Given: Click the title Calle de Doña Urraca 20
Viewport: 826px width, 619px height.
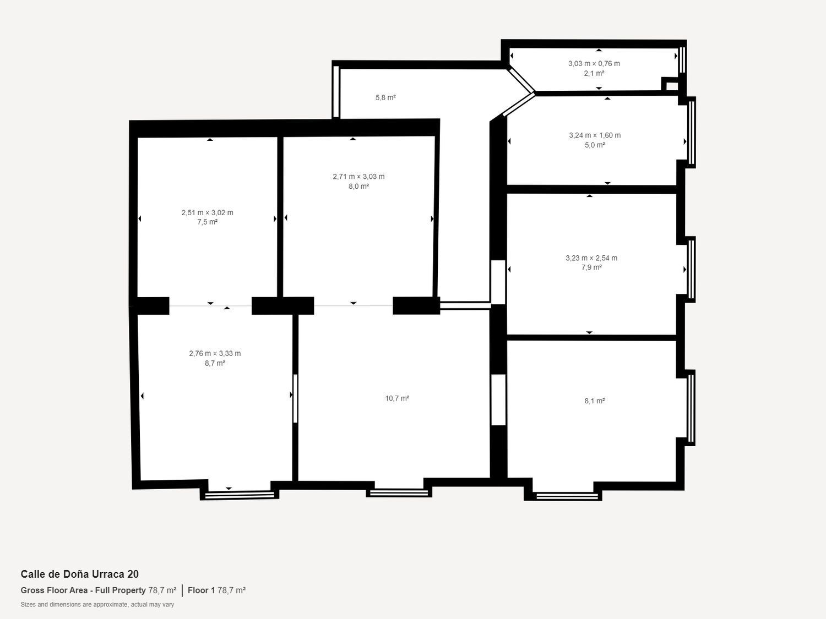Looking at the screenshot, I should click(x=79, y=574).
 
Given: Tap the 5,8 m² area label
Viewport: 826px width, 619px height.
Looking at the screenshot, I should click(x=385, y=97).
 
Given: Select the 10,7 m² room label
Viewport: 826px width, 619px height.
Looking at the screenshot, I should click(x=397, y=398).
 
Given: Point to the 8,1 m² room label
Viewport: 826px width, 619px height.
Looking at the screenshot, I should click(x=595, y=401).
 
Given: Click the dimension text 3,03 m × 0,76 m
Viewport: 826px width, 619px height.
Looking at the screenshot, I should click(x=594, y=63).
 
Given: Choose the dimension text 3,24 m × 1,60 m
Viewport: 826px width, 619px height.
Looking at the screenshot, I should click(x=594, y=135).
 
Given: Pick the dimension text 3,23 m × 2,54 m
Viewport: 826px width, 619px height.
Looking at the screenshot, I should click(x=591, y=258).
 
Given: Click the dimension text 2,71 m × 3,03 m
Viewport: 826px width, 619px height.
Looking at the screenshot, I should click(x=358, y=176).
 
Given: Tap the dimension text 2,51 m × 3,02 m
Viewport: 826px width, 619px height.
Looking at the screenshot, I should click(x=207, y=212).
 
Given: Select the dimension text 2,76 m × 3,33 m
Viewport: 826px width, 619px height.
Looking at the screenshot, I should click(x=215, y=353).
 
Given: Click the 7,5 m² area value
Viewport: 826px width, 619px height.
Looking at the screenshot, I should click(x=207, y=222).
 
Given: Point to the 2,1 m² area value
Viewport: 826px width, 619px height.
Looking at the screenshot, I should click(x=594, y=73).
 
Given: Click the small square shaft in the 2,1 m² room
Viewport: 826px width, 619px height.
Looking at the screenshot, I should click(x=672, y=86).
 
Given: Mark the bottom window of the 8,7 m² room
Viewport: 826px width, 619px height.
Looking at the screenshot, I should click(x=240, y=495).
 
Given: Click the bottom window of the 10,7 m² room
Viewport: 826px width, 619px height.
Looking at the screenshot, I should click(x=398, y=493).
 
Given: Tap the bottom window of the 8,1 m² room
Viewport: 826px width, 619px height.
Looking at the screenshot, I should click(x=567, y=496).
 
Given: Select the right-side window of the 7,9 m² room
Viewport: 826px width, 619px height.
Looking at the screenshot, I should click(x=691, y=270).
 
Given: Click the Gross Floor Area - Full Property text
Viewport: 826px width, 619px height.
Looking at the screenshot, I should click(x=83, y=590).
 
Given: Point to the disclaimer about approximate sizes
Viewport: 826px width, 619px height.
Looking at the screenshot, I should click(x=97, y=604).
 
